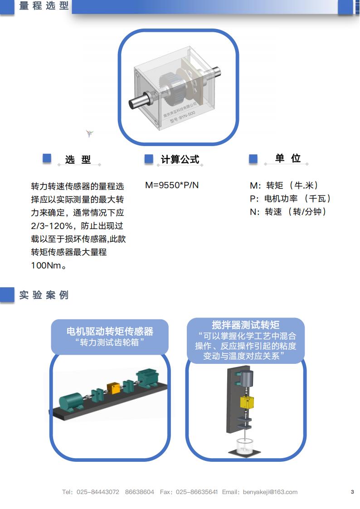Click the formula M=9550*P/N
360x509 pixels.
pyautogui.click(x=172, y=186)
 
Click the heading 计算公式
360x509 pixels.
pyautogui.click(x=180, y=159)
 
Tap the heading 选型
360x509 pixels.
pyautogui.click(x=78, y=159)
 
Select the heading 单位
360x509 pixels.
pyautogui.click(x=287, y=158)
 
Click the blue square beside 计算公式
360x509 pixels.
pyautogui.click(x=149, y=159)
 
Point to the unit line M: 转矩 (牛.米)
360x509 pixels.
pyautogui.click(x=284, y=186)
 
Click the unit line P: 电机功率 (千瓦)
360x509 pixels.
pyautogui.click(x=290, y=198)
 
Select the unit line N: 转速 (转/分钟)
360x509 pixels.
pyautogui.click(x=288, y=212)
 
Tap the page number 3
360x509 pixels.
pyautogui.click(x=352, y=492)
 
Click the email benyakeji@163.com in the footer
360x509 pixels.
pyautogui.click(x=270, y=492)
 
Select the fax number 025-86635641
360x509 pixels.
pyautogui.click(x=196, y=492)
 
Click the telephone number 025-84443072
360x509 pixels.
pyautogui.click(x=97, y=492)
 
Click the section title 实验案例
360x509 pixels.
pyautogui.click(x=44, y=295)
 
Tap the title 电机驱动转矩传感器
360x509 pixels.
pyautogui.click(x=110, y=331)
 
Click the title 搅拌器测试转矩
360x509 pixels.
pyautogui.click(x=245, y=325)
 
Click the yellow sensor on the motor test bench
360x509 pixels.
pyautogui.click(x=113, y=388)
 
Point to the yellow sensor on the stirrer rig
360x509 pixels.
pyautogui.click(x=247, y=402)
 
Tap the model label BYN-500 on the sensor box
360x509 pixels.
pyautogui.click(x=183, y=117)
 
